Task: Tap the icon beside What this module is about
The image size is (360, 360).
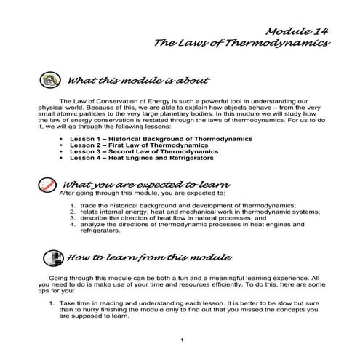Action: pos(50,79)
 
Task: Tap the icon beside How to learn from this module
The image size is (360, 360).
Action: pos(52,258)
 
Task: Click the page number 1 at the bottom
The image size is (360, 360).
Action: pos(182,340)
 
